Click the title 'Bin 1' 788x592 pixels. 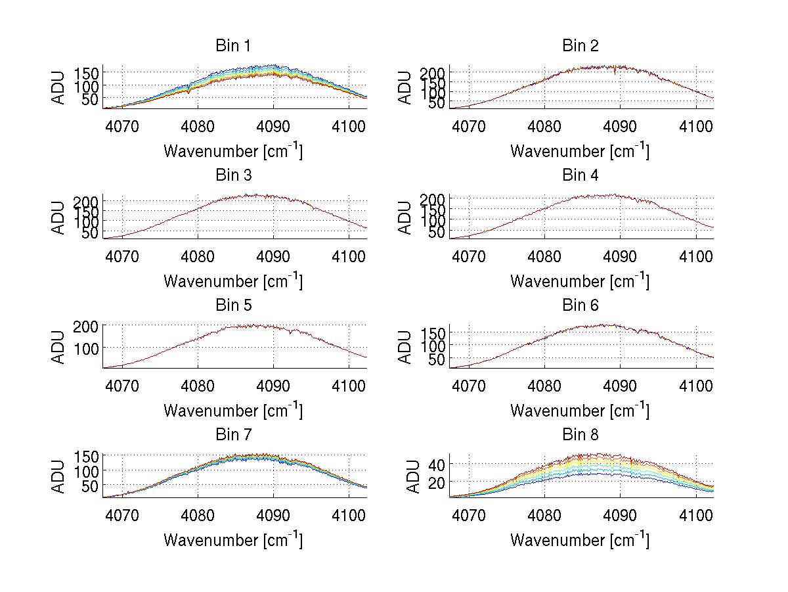pyautogui.click(x=233, y=46)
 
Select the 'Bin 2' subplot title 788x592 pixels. pyautogui.click(x=580, y=46)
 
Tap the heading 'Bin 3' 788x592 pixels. pyautogui.click(x=233, y=175)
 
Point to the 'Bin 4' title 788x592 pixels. pyautogui.click(x=580, y=175)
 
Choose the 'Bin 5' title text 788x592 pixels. pyautogui.click(x=233, y=306)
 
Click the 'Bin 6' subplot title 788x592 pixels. pyautogui.click(x=580, y=306)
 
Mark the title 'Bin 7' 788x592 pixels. pyautogui.click(x=233, y=435)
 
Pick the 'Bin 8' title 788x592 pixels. pyautogui.click(x=580, y=435)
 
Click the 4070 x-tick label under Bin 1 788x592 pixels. pyautogui.click(x=121, y=125)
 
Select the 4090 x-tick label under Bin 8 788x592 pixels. pyautogui.click(x=620, y=514)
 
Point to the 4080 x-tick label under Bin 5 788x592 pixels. pyautogui.click(x=198, y=385)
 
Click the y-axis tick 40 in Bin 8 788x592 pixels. pyautogui.click(x=437, y=465)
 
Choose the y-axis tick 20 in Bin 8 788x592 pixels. pyautogui.click(x=437, y=482)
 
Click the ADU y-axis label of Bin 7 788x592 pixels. pyautogui.click(x=59, y=476)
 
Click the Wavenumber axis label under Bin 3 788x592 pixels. pyautogui.click(x=233, y=281)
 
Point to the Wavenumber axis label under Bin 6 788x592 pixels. pyautogui.click(x=580, y=411)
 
